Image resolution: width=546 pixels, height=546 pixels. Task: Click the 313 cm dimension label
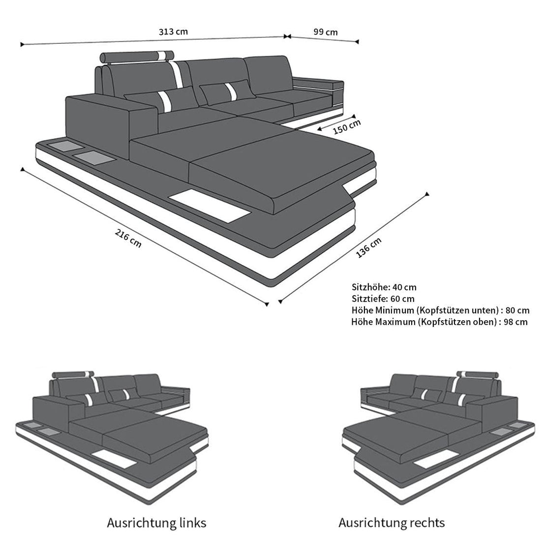(x=173, y=31)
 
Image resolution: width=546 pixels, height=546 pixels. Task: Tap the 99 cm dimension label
(x=326, y=32)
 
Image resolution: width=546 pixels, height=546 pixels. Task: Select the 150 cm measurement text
(x=347, y=127)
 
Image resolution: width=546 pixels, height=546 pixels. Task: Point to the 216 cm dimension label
(x=128, y=238)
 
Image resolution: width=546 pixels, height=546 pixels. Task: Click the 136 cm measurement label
(x=368, y=247)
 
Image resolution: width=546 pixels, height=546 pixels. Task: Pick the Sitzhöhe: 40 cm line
(x=384, y=287)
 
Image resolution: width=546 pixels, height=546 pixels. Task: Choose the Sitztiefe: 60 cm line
(x=383, y=299)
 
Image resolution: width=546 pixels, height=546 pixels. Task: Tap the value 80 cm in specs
(x=517, y=310)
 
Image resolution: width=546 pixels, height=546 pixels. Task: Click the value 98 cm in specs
(x=516, y=322)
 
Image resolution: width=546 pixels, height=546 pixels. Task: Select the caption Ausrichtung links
(x=156, y=523)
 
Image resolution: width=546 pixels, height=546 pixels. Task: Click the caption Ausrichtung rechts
(x=392, y=523)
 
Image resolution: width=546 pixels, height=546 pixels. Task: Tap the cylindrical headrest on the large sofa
(x=137, y=56)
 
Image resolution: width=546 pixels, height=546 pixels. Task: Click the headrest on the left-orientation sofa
(x=73, y=375)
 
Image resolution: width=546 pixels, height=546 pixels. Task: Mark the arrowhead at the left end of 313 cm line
(x=22, y=45)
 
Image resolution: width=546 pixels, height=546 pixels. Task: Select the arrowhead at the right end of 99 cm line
(x=357, y=42)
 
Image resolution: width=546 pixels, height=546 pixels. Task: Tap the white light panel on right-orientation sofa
(x=436, y=459)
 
